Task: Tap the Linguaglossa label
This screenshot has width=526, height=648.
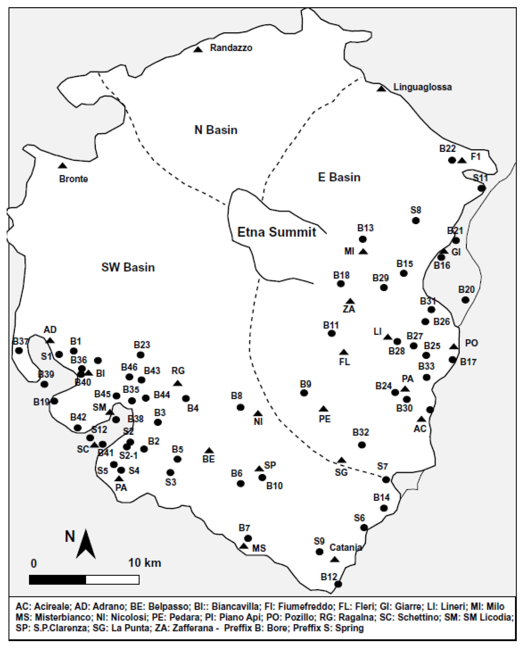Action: tap(422, 87)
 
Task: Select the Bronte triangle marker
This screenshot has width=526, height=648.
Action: tap(63, 166)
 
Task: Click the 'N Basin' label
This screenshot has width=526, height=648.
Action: tap(216, 130)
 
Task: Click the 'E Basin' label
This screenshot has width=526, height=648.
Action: tap(339, 177)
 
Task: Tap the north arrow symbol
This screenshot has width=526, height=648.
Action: tap(86, 544)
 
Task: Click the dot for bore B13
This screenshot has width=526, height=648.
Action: tap(363, 239)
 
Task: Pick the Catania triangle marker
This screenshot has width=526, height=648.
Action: tap(335, 559)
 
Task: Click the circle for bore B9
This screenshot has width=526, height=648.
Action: tap(304, 393)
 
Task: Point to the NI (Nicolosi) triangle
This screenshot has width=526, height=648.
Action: tap(258, 413)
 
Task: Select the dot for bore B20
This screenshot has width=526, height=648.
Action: tap(465, 300)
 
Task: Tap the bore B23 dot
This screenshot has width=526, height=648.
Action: tap(140, 355)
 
